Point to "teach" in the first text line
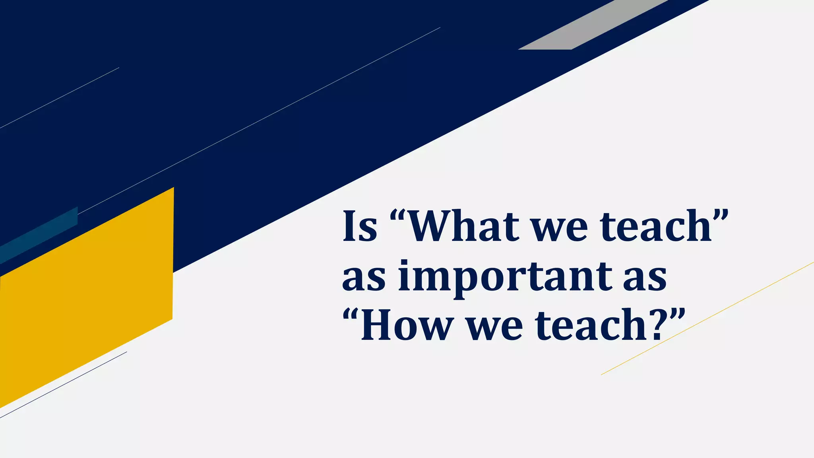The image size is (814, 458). click(x=656, y=226)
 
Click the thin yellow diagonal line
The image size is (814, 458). click(x=707, y=318)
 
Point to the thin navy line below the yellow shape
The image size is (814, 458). click(x=64, y=385)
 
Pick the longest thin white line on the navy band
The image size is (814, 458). click(x=258, y=121)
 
